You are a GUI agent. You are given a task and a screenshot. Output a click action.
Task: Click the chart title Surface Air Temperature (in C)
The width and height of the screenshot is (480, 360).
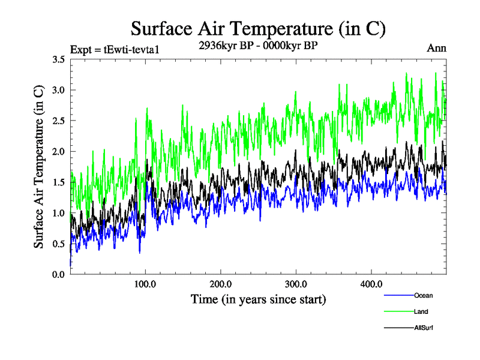258,28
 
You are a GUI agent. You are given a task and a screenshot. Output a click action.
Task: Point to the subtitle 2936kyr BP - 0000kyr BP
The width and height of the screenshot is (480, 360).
258,45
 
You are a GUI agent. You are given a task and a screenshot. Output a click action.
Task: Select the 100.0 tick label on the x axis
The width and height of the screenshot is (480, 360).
146,284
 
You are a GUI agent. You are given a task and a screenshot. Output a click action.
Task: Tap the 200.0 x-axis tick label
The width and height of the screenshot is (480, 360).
221,284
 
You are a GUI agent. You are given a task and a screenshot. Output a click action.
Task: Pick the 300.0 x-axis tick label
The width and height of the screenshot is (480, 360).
296,284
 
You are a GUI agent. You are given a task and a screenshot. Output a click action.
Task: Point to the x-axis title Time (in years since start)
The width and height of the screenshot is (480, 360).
259,298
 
